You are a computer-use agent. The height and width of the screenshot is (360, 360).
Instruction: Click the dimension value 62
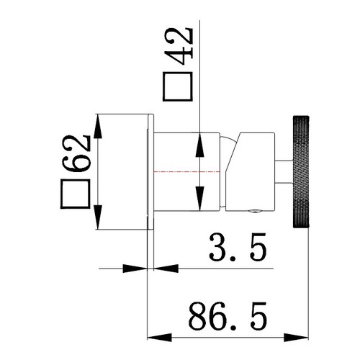pos(76,153)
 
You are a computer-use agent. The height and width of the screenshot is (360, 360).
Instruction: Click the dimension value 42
pos(179,47)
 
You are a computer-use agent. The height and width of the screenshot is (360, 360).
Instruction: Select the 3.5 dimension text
pos(238,247)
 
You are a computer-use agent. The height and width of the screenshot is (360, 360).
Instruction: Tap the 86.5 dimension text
pos(228,316)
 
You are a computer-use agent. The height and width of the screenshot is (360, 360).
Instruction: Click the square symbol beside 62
pos(75,194)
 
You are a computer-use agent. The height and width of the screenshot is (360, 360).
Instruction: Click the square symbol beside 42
pos(178,86)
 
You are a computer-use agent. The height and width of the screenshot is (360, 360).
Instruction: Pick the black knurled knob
pos(301,171)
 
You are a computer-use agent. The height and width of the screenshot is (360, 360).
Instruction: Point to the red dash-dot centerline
pos(186,172)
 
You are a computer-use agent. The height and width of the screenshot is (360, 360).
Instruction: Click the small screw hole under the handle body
pos(255,211)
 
